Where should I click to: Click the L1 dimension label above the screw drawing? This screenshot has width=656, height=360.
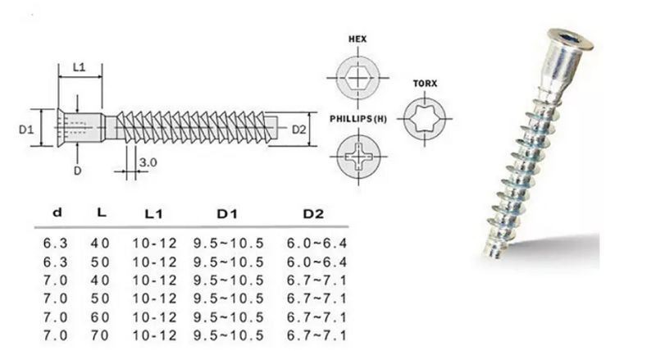point(79,67)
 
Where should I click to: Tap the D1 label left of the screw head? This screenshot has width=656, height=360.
point(26,130)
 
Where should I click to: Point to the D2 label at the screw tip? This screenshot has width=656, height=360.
point(298,130)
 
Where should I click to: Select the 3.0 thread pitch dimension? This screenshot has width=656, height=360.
point(148,162)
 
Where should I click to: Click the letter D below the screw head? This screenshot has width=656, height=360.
point(77,171)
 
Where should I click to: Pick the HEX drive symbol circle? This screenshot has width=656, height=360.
point(358,78)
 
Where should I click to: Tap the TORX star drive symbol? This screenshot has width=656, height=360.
point(425,119)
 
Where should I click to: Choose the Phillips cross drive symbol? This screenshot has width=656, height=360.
point(358,157)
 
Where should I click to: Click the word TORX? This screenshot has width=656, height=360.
point(425,84)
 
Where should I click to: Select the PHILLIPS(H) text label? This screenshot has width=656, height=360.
point(358,119)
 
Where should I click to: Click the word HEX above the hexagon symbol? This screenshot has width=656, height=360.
point(358,39)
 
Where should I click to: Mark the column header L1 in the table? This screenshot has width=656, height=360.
point(153,214)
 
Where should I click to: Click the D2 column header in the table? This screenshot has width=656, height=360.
point(313,214)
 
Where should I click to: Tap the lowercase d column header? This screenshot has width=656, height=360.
point(57,212)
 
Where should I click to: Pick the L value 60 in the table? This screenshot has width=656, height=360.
point(100,317)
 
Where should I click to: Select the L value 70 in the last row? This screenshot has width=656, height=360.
point(100,335)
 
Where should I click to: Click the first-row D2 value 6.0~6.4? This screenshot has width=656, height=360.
point(317,244)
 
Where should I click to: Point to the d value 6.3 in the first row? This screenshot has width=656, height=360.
point(55,244)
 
